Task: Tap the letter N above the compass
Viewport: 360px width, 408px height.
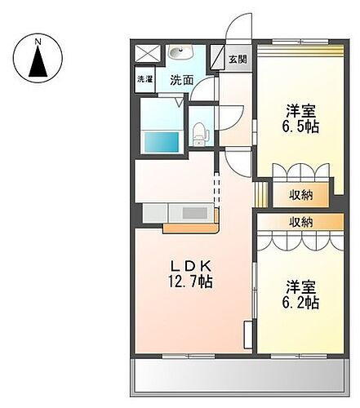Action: [x=38, y=38]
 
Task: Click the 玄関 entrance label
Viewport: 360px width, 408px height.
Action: [x=237, y=59]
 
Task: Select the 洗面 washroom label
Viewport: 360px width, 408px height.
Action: [x=181, y=80]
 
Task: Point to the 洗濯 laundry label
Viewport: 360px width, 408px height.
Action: [x=144, y=80]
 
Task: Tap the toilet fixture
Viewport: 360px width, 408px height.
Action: [x=199, y=131]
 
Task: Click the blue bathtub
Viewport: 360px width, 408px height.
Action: [x=162, y=140]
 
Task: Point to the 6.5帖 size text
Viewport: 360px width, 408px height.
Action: [x=301, y=126]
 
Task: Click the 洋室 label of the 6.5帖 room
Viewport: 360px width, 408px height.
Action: [x=301, y=110]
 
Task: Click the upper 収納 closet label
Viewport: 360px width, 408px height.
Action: [x=301, y=194]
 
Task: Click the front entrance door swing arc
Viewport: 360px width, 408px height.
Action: [x=238, y=31]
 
